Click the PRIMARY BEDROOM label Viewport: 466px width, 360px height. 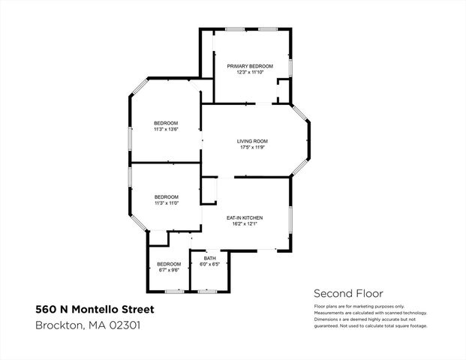coord(250,66)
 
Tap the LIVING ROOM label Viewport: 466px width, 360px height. coord(252,141)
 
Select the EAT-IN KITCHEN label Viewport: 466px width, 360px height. coord(245,217)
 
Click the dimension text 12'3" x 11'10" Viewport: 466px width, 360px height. coord(250,72)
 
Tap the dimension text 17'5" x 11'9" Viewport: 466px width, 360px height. coord(252,147)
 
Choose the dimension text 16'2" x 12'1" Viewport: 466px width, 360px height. coord(245,223)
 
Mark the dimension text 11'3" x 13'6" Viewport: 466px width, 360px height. coord(166,129)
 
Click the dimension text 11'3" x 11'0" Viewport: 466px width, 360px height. coord(166,202)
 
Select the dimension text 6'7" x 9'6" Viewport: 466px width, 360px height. coord(169,269)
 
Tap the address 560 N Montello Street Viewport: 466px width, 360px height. coord(96,309)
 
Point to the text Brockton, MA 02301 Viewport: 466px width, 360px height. coord(88,325)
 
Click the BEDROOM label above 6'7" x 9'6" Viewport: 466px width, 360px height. coord(169,264)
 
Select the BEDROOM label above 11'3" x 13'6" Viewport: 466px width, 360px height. coord(166,123)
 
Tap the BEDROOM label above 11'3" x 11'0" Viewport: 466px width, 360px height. coord(166,196)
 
